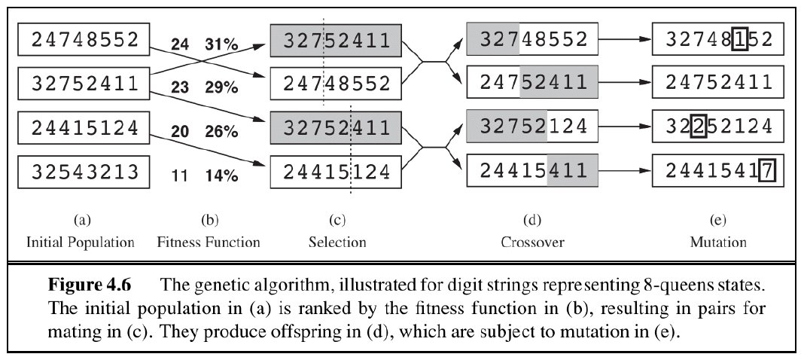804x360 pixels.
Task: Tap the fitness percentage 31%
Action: point(221,45)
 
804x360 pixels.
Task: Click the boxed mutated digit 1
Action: point(739,41)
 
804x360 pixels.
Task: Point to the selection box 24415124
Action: point(336,172)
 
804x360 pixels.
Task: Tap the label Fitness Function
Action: point(209,243)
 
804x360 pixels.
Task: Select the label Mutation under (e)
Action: point(717,243)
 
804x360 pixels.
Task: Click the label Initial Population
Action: point(81,243)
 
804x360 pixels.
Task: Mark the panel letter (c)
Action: point(337,221)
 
